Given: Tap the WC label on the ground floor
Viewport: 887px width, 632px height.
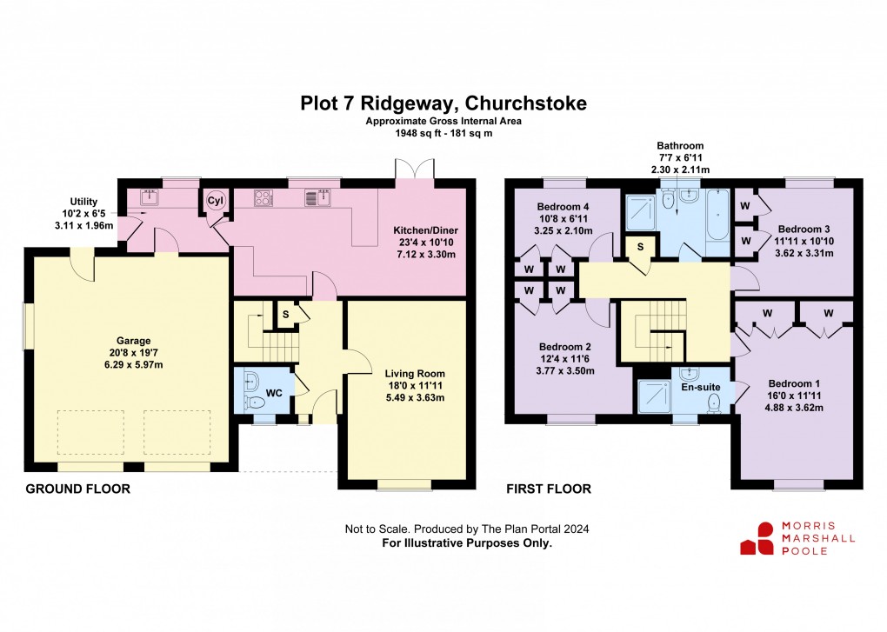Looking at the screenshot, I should point(274,393).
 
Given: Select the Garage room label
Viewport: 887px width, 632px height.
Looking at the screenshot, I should point(135,341).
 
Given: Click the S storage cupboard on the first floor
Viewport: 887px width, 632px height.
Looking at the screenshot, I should point(641,247).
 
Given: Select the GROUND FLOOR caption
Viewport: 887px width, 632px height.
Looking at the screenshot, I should point(77,489).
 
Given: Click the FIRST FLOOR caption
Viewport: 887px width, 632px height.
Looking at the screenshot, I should point(549,489).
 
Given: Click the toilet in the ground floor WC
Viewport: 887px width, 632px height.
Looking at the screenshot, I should point(254,391).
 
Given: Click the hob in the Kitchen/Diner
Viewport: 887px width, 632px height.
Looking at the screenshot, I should point(264,197).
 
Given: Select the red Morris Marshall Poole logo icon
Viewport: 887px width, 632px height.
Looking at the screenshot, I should point(757,538).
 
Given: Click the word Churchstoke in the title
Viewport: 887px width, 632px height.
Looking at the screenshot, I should point(528,103).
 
